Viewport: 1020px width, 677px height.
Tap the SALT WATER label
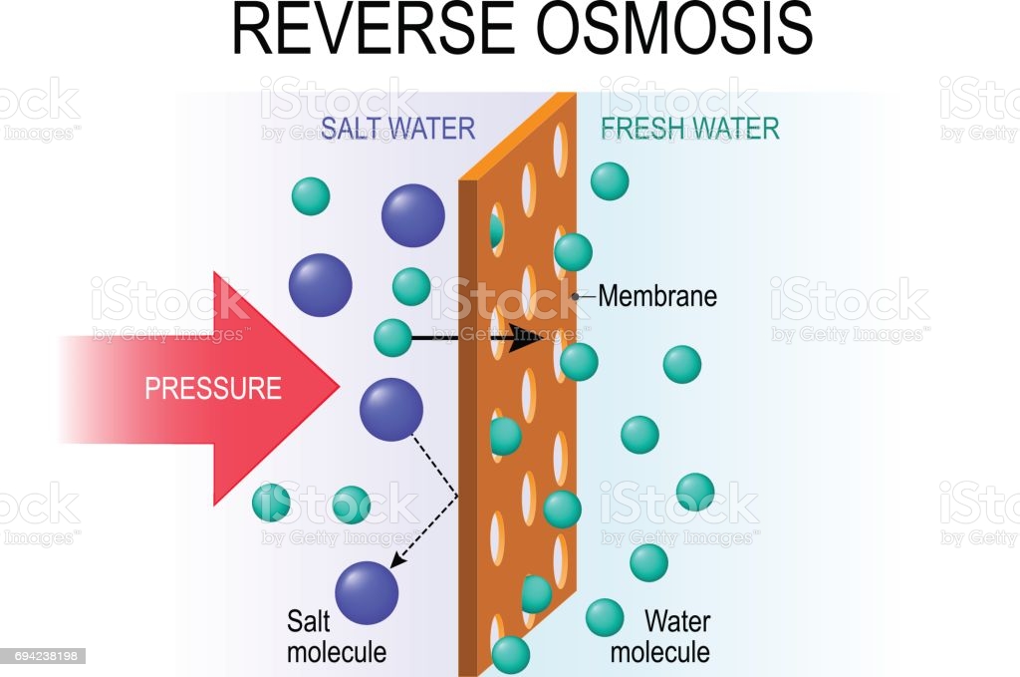pos(397,129)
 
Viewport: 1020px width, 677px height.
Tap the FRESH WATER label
pos(689,129)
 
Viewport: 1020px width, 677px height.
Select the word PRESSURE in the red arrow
pos(213,388)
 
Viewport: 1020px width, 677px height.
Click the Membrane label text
pos(657,296)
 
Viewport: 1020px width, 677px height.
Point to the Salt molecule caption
pos(336,637)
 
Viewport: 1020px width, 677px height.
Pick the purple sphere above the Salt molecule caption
pos(368,592)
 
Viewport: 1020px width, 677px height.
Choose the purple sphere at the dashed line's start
pos(390,409)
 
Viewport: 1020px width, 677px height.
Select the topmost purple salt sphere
pos(412,214)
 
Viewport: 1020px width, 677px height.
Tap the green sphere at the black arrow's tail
pos(392,337)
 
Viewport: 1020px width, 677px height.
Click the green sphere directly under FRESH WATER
pos(610,180)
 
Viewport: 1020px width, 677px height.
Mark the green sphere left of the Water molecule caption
pos(605,617)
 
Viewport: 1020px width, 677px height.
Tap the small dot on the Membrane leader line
pos(576,296)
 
